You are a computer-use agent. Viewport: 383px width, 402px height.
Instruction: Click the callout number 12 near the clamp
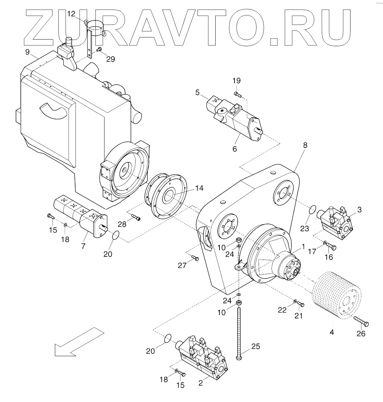click(71, 14)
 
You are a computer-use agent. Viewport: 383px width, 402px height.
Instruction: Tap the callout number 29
click(110, 59)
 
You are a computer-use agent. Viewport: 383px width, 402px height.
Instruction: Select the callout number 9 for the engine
click(27, 52)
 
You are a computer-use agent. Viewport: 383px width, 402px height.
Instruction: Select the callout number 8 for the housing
click(305, 145)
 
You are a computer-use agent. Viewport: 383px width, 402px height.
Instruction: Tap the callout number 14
click(199, 188)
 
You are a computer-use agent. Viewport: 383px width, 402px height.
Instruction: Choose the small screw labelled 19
click(237, 94)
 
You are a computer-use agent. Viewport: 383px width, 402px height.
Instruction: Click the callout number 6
click(234, 149)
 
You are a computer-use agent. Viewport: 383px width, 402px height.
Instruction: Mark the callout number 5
click(198, 93)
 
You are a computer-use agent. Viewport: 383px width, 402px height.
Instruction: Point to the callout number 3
click(359, 210)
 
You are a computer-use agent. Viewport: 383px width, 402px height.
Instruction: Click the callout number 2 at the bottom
click(201, 383)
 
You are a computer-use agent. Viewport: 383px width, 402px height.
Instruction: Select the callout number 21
click(298, 316)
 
